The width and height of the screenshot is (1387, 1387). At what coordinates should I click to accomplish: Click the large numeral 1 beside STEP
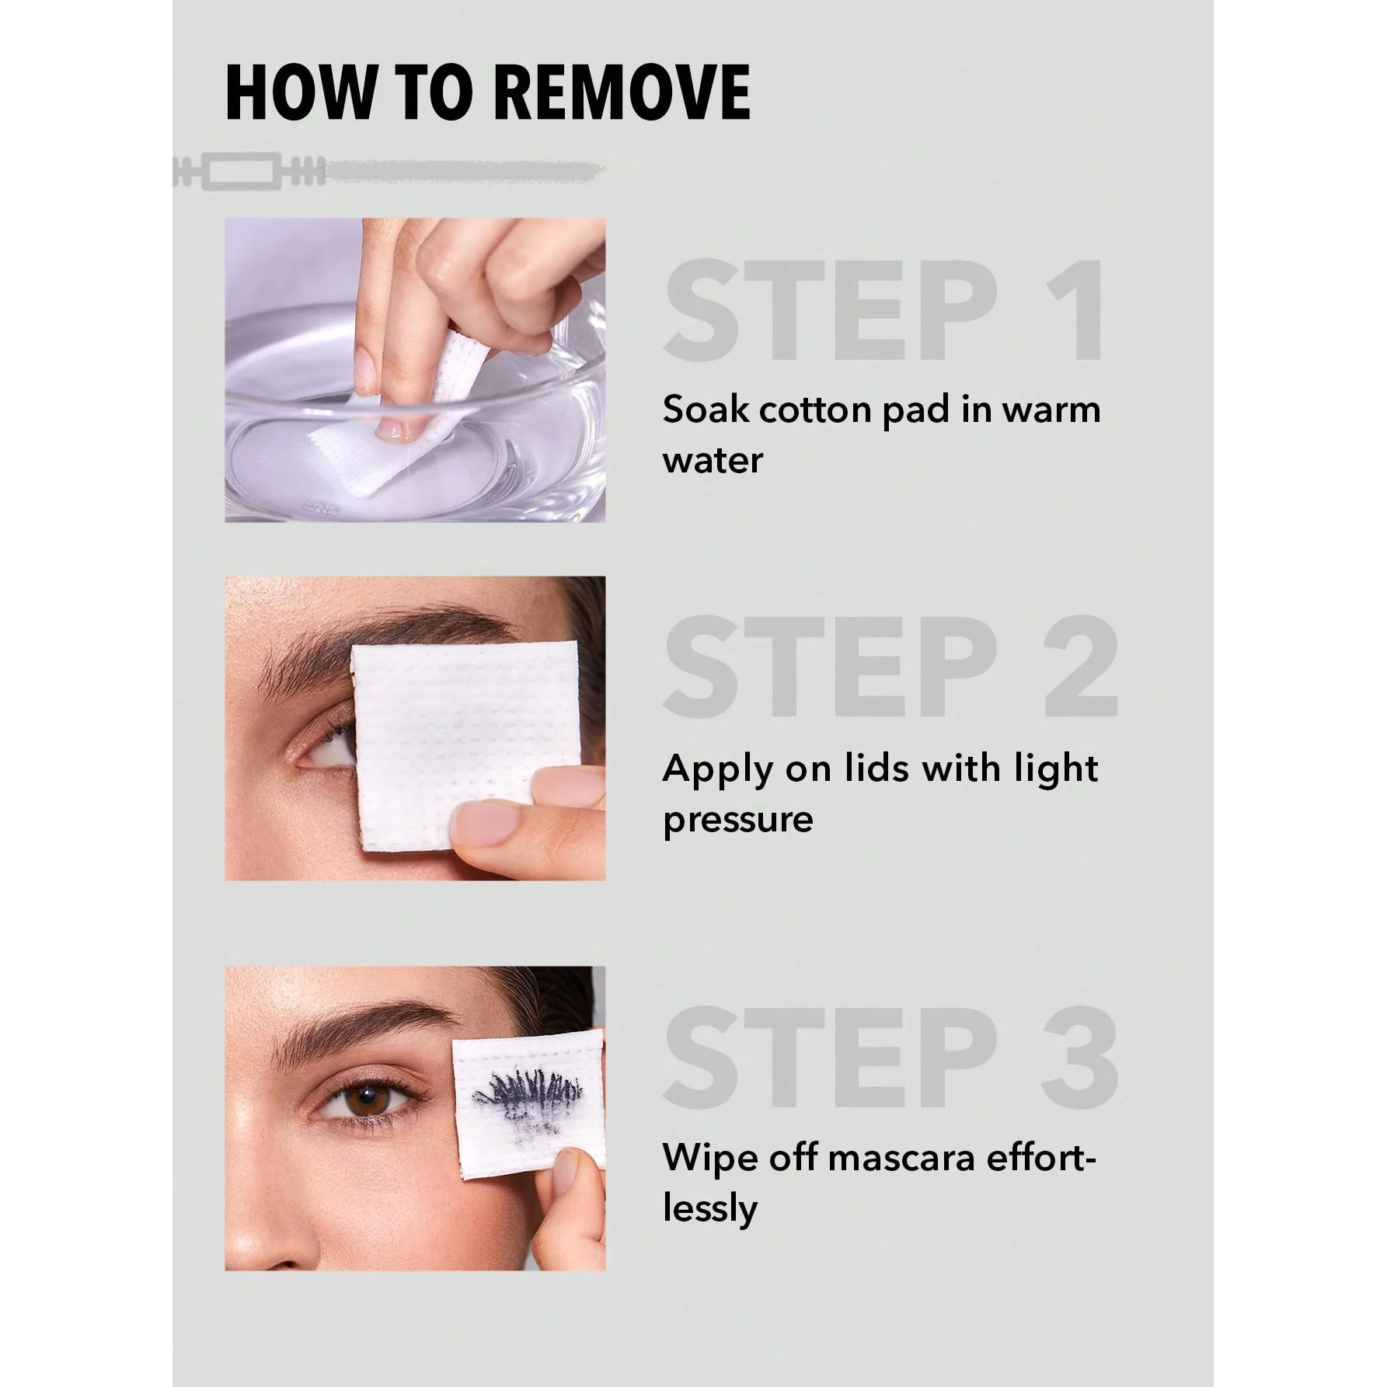pyautogui.click(x=1077, y=311)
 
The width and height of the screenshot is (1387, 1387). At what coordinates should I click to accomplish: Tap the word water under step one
pyautogui.click(x=713, y=461)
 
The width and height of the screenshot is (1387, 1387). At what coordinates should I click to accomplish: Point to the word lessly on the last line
pyautogui.click(x=709, y=1209)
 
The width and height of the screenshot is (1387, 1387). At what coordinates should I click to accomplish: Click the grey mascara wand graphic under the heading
pyautogui.click(x=389, y=171)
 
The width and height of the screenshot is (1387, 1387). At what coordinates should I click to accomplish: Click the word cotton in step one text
pyautogui.click(x=816, y=410)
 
